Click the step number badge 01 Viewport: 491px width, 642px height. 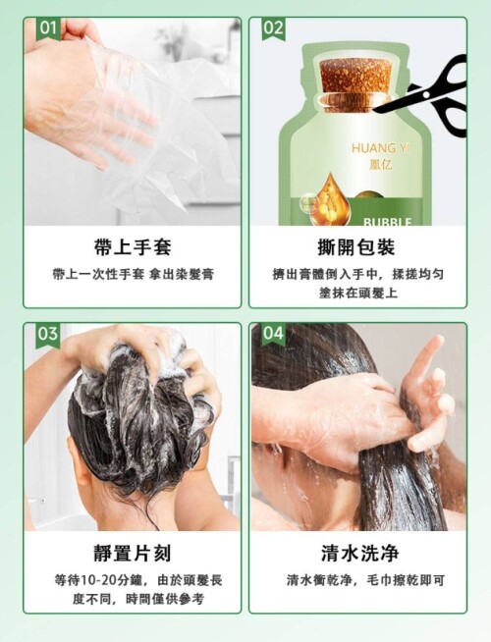click(48, 28)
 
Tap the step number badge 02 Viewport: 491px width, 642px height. click(274, 28)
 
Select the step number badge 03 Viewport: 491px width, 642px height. click(48, 335)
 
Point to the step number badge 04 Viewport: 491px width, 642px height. click(274, 334)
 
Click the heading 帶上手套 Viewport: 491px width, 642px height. click(133, 247)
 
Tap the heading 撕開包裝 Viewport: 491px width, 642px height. click(357, 247)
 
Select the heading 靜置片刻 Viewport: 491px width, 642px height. click(133, 554)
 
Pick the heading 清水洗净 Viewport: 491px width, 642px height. click(358, 554)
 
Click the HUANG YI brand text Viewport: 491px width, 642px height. click(380, 148)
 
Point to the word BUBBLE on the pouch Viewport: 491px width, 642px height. click(387, 222)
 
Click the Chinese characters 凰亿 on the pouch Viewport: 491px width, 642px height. click(380, 165)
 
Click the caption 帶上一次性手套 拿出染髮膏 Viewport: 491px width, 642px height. click(134, 274)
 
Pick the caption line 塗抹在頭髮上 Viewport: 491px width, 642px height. click(357, 294)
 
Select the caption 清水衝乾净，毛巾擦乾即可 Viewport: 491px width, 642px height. click(365, 580)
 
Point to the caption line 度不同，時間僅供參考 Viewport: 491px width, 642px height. click(137, 599)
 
